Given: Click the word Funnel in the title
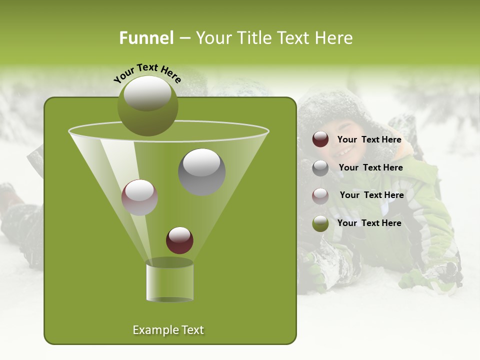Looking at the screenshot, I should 146,38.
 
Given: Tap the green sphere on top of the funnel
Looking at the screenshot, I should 147,106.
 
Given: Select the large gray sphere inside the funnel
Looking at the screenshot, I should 201,171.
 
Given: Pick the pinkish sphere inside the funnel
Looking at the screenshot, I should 139,197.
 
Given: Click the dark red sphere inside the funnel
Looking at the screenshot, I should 179,240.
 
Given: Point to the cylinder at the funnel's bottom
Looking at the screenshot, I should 169,281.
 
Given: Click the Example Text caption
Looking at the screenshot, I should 168,330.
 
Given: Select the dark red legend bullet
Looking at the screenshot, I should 320,139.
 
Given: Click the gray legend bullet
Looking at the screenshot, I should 320,167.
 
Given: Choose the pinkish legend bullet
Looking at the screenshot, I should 320,195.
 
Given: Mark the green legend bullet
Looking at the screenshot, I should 320,223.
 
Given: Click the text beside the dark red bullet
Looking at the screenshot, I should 369,140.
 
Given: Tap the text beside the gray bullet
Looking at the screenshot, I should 370,167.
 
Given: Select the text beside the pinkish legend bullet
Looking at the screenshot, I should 371,195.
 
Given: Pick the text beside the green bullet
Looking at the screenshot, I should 369,223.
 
